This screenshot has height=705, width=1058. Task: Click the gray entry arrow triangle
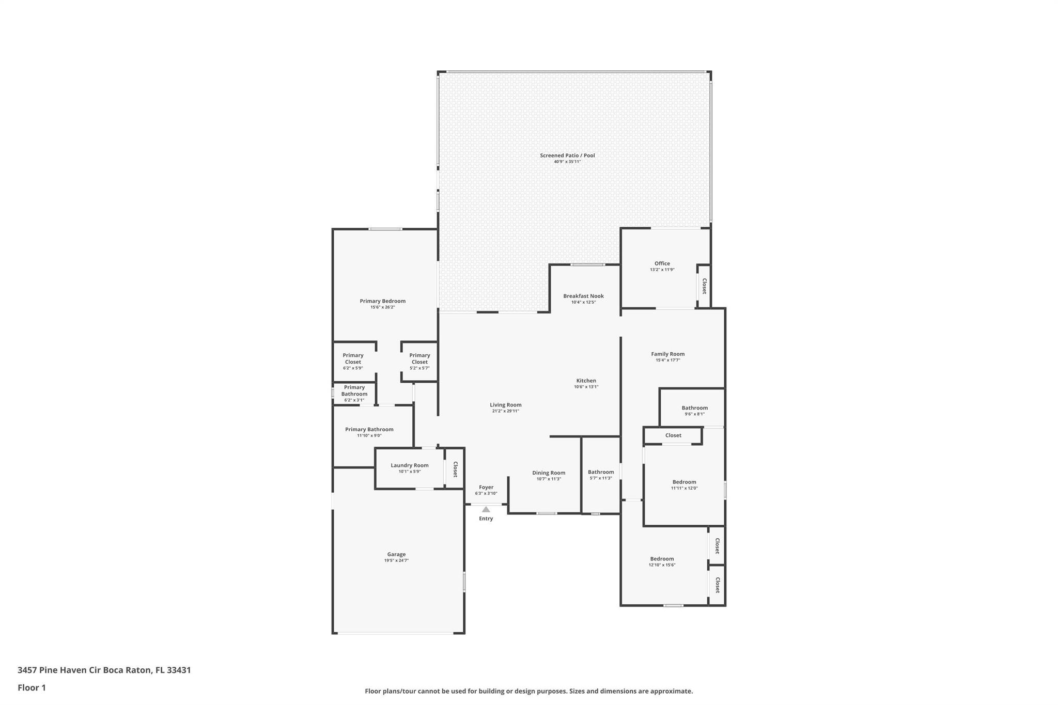(486, 509)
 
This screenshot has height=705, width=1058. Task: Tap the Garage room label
(396, 554)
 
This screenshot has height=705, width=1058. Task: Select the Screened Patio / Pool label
(567, 155)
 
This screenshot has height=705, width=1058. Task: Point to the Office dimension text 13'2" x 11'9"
(662, 270)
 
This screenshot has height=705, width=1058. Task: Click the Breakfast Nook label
(583, 296)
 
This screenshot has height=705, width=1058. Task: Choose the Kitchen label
(586, 381)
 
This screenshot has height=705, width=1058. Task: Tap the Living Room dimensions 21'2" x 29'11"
(505, 411)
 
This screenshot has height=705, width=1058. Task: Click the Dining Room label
(549, 473)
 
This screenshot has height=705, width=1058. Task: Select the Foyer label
(486, 487)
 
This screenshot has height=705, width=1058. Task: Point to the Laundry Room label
(410, 465)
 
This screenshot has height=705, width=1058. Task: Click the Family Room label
(667, 354)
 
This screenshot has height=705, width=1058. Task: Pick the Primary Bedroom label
(382, 301)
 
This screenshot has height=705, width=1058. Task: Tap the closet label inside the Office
(704, 286)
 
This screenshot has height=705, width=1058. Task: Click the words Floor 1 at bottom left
(32, 687)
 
